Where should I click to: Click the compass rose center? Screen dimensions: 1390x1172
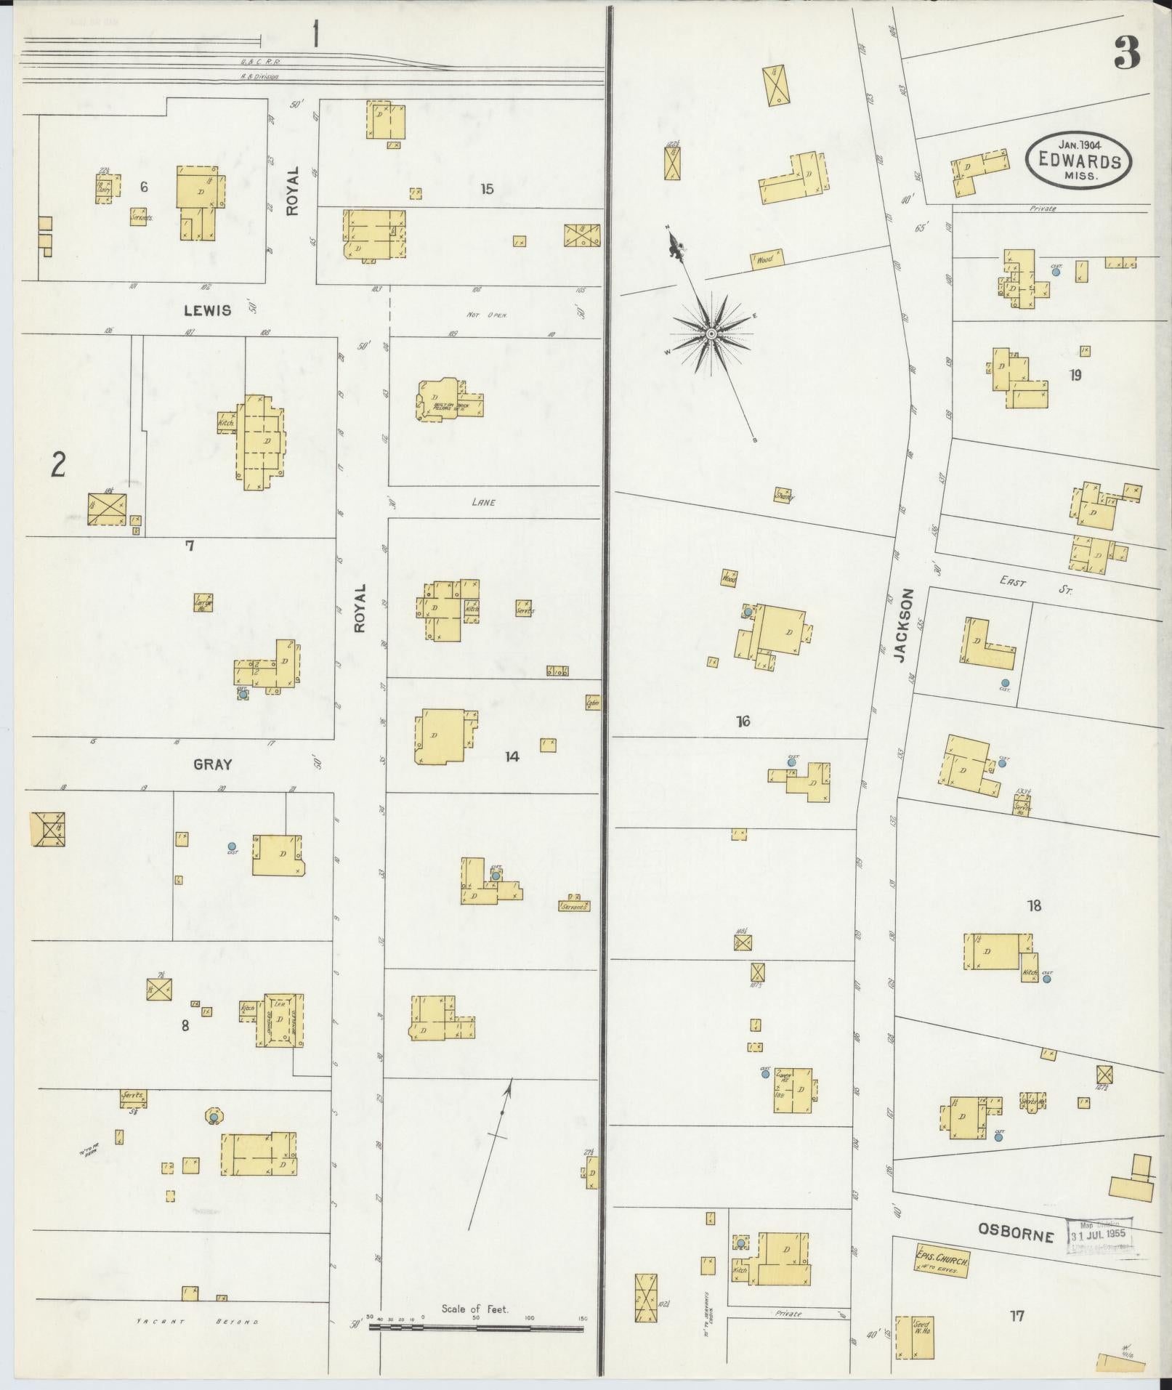tap(711, 334)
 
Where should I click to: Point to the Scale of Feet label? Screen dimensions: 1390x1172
tap(475, 1309)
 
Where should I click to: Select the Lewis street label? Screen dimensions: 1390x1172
tap(207, 310)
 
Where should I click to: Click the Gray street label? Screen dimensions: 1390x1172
tap(212, 764)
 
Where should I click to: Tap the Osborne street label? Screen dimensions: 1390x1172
tap(1015, 1234)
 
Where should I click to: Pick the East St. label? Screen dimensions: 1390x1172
tap(1035, 585)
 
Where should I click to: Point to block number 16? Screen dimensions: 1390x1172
tap(742, 722)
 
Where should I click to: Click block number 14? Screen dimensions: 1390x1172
tap(512, 757)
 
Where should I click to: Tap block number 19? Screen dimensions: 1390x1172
tap(1075, 375)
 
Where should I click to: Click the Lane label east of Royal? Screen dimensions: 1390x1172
tap(483, 502)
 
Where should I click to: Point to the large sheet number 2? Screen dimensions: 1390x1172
tap(58, 465)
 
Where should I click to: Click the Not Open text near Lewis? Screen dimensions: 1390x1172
tap(486, 315)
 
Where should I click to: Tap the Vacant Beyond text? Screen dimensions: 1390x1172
tap(197, 1322)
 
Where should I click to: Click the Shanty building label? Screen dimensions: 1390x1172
tap(783, 496)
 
